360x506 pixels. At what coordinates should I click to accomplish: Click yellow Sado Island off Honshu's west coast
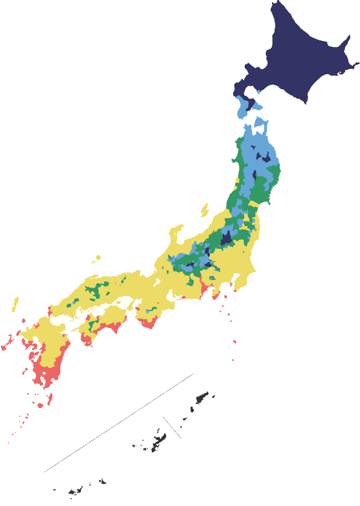204,209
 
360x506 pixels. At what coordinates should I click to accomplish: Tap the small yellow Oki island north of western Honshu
98,257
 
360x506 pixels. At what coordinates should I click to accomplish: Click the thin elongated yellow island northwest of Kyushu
16,304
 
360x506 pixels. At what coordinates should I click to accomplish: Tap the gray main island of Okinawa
148,443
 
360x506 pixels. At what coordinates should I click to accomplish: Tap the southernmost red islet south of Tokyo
233,360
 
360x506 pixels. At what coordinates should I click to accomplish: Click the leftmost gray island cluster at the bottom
75,491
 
